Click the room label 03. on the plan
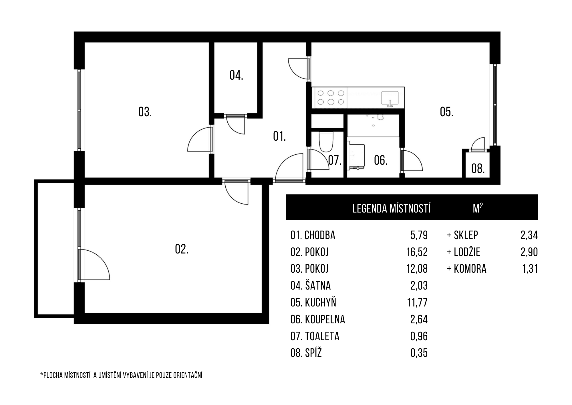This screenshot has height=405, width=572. coord(145,112)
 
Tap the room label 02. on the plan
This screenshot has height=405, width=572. coord(182,249)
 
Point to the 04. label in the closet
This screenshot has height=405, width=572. coord(236,75)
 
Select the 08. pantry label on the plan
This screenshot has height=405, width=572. coord(478,168)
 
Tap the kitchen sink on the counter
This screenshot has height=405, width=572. coord(390,99)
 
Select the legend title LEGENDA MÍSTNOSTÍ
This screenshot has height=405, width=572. coord(392,208)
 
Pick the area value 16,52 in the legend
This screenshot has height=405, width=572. coord(417,252)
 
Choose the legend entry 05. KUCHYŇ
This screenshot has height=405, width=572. coord(313,302)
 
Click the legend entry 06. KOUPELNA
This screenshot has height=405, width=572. coord(318,319)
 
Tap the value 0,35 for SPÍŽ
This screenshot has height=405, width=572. coord(419,353)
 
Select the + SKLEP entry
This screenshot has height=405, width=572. coord(462,235)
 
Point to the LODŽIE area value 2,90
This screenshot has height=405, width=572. coord(529,252)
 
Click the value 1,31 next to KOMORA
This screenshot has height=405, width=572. coord(530,269)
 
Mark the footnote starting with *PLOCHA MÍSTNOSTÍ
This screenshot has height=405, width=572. coord(121,375)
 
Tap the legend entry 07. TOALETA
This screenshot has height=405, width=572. coord(315,336)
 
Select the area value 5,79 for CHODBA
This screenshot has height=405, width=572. coord(419,235)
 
